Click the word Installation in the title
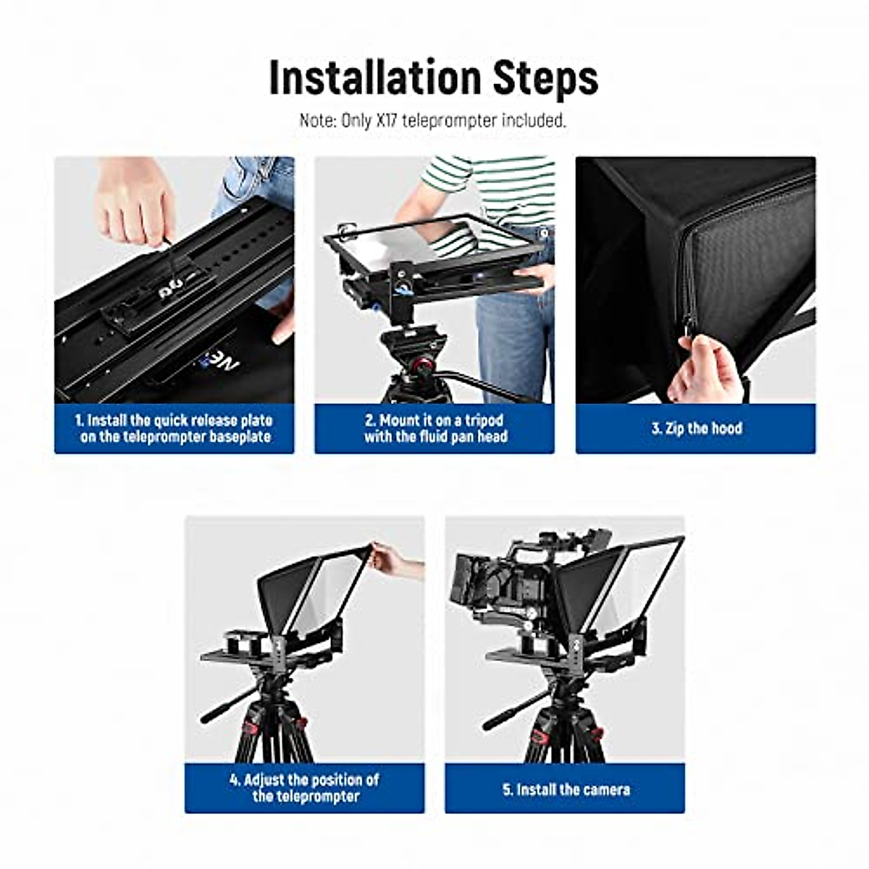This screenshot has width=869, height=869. pos(374,77)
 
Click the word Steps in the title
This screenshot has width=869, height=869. pos(546,77)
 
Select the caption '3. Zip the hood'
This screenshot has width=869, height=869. pos(696,428)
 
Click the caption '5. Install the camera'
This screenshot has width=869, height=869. pos(566,789)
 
